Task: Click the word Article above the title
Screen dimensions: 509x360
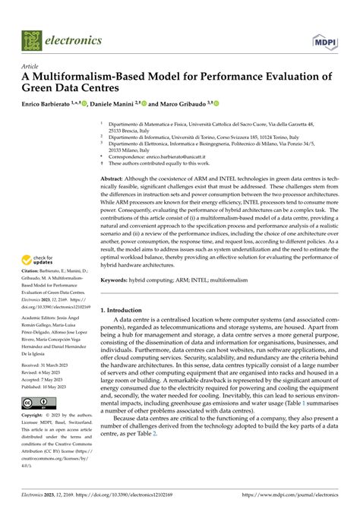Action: tap(32, 67)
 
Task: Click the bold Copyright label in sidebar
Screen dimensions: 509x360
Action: tap(35, 416)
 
